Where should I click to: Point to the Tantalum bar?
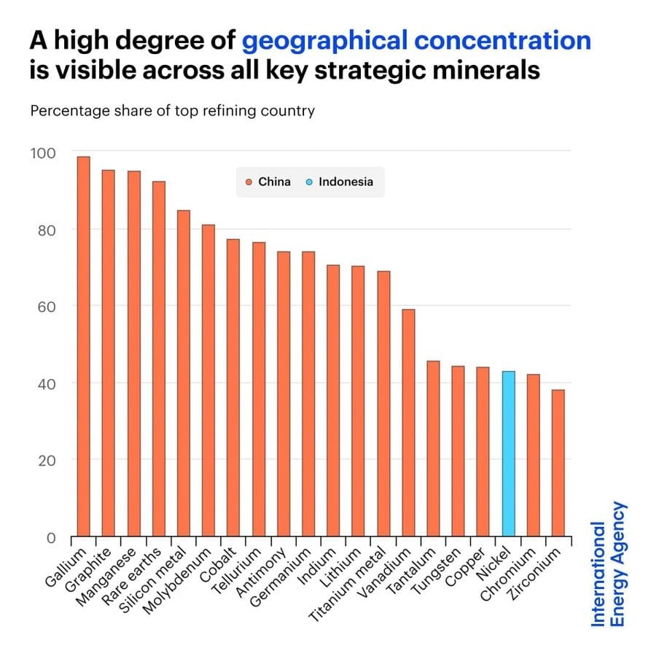[433, 448]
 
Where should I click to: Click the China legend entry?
[269, 181]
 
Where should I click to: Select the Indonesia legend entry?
[340, 181]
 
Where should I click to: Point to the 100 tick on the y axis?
[42, 153]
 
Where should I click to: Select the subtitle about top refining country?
[172, 112]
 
